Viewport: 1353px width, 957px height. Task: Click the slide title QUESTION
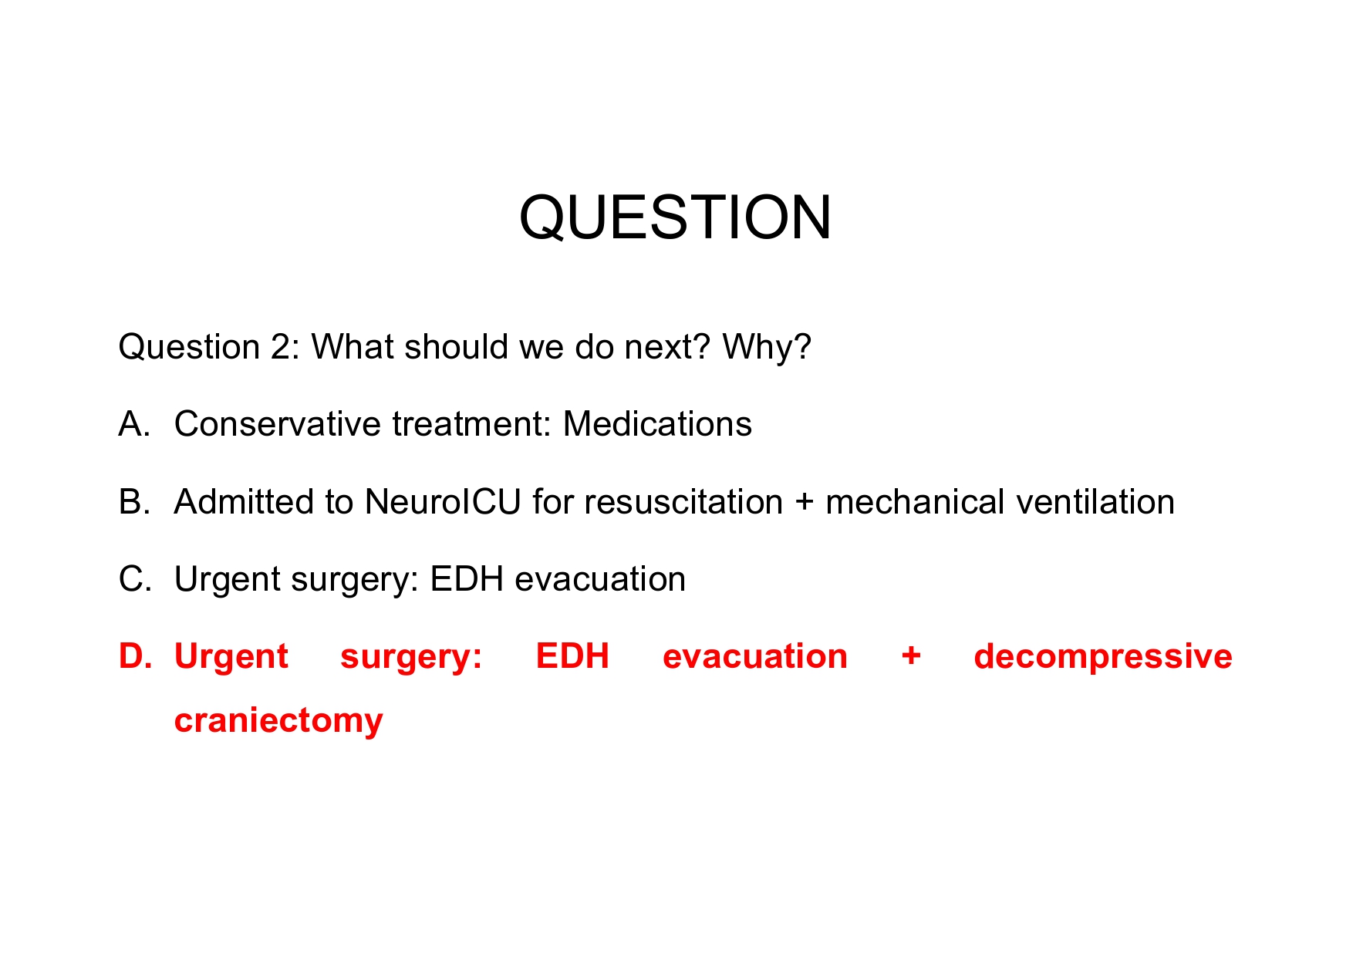click(675, 217)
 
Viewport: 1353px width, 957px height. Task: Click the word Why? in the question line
click(766, 347)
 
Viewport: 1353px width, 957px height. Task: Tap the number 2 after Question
click(280, 347)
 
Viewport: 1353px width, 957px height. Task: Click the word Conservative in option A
click(278, 424)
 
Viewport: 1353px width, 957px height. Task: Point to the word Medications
click(657, 424)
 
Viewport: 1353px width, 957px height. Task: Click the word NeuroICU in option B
click(443, 502)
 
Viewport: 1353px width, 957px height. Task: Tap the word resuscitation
click(683, 502)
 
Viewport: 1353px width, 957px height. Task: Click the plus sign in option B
click(804, 503)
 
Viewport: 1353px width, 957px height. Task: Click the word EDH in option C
click(467, 579)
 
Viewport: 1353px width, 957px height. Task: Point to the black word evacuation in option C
click(599, 579)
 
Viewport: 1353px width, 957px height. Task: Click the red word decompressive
click(1102, 656)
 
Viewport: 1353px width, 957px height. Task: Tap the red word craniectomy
click(278, 720)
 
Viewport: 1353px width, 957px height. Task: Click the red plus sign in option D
click(911, 656)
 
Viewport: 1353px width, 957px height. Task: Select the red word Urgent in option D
click(231, 656)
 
